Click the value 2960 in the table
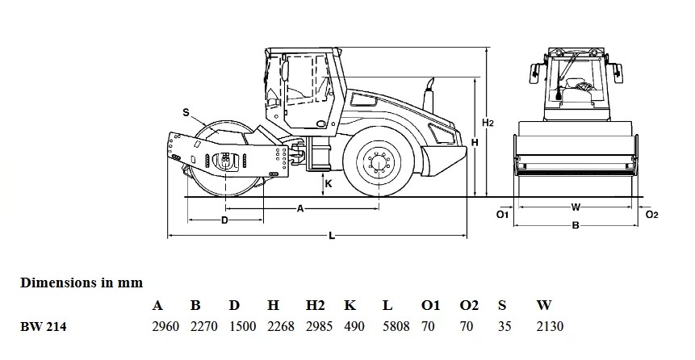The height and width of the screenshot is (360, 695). (x=165, y=327)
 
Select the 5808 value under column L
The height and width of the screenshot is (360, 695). (x=396, y=327)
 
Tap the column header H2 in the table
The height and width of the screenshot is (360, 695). (x=315, y=305)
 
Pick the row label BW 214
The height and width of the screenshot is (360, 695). (x=43, y=327)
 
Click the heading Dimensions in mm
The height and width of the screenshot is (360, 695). (x=82, y=283)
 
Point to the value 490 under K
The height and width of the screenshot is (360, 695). (x=354, y=327)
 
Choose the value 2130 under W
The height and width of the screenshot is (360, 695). (x=550, y=327)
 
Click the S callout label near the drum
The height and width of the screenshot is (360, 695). (x=186, y=113)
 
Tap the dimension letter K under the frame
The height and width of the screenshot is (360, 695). (x=329, y=183)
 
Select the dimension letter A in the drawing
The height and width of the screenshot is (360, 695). (x=300, y=208)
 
